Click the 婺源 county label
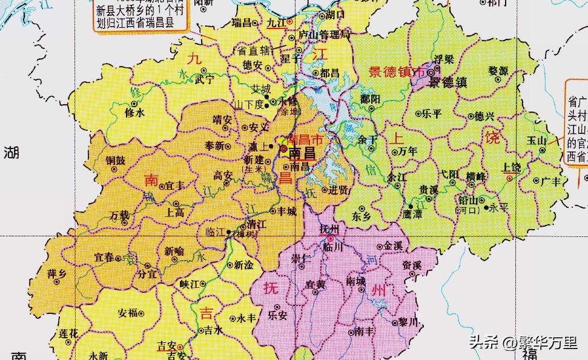498,71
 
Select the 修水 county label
134,112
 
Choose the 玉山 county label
536,140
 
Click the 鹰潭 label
412,215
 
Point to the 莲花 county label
68,333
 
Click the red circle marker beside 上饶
510,179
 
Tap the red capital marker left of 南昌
283,147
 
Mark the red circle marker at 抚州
331,239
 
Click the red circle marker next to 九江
290,21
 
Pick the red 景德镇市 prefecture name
397,72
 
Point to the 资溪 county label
411,265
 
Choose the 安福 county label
127,313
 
